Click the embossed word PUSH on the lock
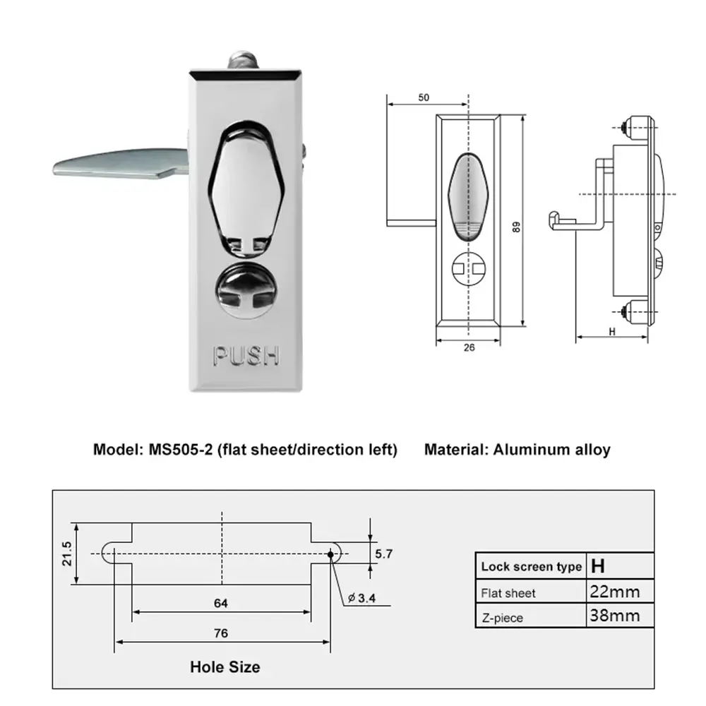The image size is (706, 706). (x=246, y=355)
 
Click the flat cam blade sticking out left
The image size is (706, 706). (x=113, y=164)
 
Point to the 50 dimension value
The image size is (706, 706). (x=424, y=98)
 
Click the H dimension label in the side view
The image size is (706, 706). (x=611, y=330)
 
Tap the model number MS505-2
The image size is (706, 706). (x=176, y=449)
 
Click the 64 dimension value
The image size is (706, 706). (x=221, y=603)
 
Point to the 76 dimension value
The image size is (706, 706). (x=221, y=633)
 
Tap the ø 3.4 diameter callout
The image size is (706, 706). (x=361, y=599)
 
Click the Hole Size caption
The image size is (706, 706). (x=225, y=666)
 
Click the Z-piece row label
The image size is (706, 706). (x=502, y=618)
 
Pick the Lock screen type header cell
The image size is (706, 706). (x=531, y=566)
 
